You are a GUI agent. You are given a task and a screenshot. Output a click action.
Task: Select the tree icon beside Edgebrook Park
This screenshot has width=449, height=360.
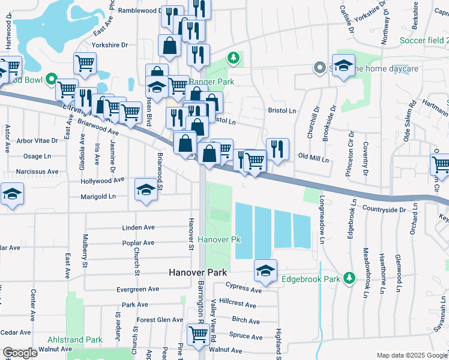point(348,278)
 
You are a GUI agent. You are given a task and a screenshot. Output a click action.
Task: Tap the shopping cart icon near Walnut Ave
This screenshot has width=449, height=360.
point(197,334)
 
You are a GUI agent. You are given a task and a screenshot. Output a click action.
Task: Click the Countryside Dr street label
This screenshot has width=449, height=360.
point(384,209)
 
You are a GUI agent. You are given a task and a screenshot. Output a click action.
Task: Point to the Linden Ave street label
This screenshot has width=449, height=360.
point(139,228)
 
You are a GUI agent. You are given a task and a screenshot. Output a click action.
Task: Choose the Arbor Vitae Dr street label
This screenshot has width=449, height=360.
point(37,140)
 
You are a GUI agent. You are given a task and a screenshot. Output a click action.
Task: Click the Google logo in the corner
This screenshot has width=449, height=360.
point(19,352)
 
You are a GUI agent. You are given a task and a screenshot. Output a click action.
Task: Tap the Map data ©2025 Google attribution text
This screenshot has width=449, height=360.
point(411,355)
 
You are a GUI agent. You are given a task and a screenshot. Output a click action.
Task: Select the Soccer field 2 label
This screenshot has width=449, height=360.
point(424,41)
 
